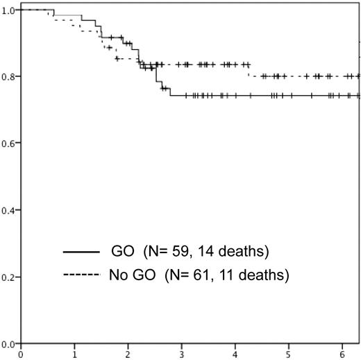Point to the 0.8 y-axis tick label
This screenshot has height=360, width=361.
9,78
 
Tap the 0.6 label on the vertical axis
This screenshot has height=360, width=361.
9,144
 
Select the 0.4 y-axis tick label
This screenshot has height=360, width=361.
9,210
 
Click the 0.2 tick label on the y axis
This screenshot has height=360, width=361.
9,277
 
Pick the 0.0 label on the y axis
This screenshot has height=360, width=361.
9,343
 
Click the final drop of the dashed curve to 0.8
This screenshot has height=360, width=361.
249,71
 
